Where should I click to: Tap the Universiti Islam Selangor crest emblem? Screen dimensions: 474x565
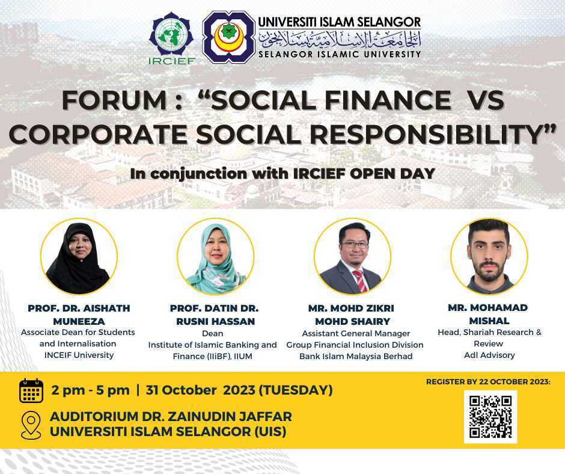(x=228, y=37)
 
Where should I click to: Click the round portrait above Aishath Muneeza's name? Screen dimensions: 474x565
(x=78, y=256)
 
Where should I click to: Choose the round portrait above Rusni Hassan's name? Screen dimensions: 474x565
(x=215, y=256)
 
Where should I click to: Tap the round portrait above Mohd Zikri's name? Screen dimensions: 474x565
(x=352, y=256)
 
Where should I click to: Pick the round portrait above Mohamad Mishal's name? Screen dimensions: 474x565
(x=489, y=256)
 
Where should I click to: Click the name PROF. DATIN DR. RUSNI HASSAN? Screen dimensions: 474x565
(x=215, y=315)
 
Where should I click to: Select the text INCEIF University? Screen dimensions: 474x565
(x=78, y=355)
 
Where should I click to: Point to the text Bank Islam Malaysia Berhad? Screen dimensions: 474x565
(x=356, y=356)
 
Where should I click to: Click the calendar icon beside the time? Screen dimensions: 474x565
(x=31, y=390)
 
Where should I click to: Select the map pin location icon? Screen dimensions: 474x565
(x=31, y=424)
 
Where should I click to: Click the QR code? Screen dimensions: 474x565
(x=490, y=416)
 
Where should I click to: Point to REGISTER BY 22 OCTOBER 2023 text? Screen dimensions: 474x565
(x=488, y=382)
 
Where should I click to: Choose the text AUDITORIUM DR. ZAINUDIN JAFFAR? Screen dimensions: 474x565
(x=171, y=416)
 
